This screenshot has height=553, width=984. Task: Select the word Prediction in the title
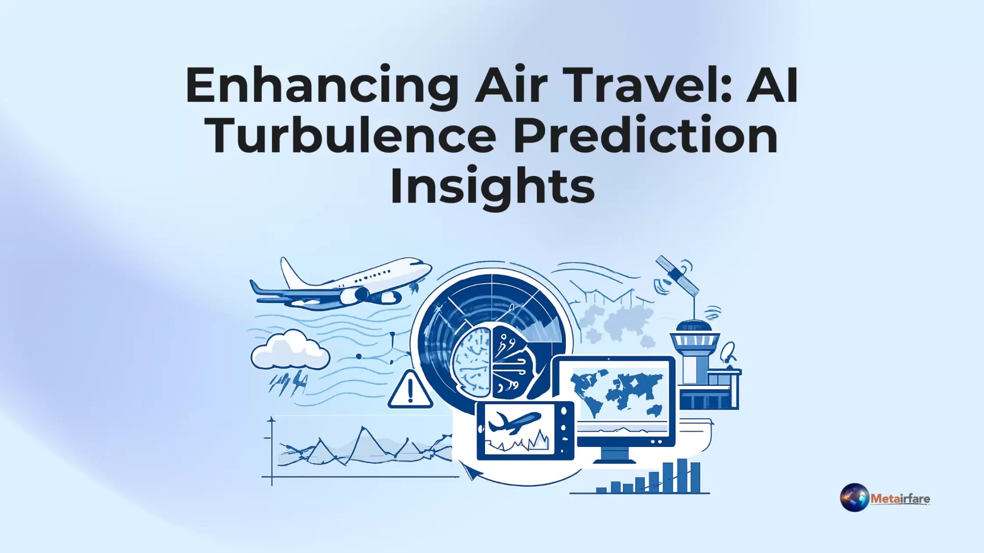(x=645, y=136)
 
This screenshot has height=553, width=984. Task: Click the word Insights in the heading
(x=492, y=186)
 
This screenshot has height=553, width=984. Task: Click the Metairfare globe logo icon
(x=854, y=497)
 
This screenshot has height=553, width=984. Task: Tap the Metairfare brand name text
(x=900, y=498)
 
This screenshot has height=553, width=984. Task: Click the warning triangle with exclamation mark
(x=410, y=391)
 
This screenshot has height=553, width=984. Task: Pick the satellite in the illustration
(x=677, y=276)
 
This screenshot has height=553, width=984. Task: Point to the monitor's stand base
(x=615, y=460)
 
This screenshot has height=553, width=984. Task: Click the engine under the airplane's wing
(x=356, y=295)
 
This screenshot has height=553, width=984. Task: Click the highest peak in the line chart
(x=364, y=429)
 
